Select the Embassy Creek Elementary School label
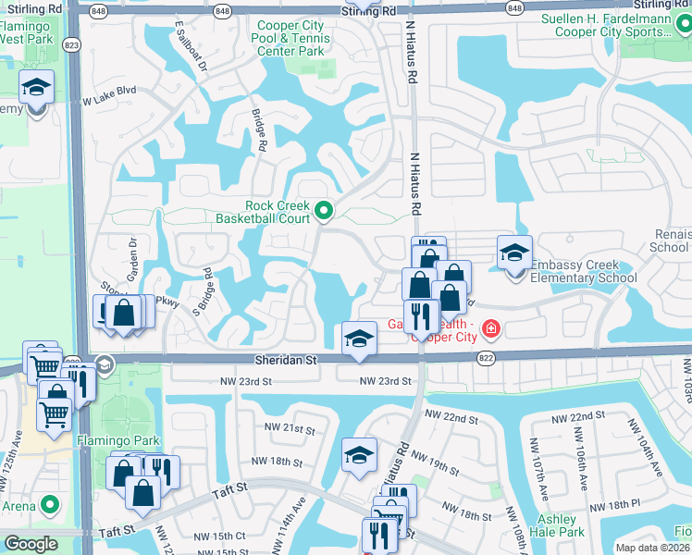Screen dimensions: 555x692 (582, 271)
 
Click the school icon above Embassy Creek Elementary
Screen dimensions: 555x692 (514, 252)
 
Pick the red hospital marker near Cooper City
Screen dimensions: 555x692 (488, 328)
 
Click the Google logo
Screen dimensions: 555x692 (31, 544)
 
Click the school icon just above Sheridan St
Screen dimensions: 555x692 (359, 338)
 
